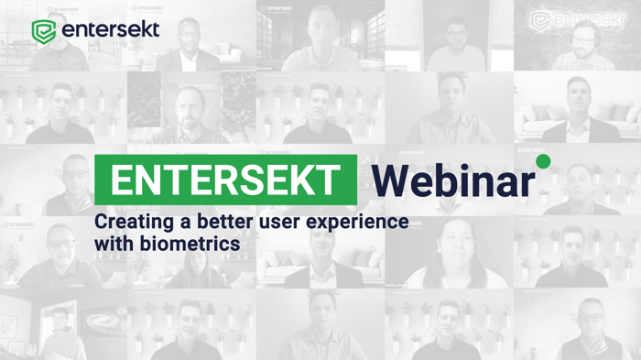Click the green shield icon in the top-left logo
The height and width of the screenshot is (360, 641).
tap(44, 31)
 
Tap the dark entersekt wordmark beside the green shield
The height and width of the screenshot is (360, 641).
tap(111, 30)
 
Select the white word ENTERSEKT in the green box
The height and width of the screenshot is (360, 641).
tap(225, 180)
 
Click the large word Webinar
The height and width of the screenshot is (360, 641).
tap(453, 180)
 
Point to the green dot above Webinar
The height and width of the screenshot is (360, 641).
tap(543, 161)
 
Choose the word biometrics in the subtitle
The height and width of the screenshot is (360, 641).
tap(190, 244)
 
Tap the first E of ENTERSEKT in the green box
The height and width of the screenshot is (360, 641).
tap(121, 180)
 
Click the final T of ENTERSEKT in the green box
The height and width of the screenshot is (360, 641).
tap(328, 180)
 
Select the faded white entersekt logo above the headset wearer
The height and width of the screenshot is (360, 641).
tap(578, 19)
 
